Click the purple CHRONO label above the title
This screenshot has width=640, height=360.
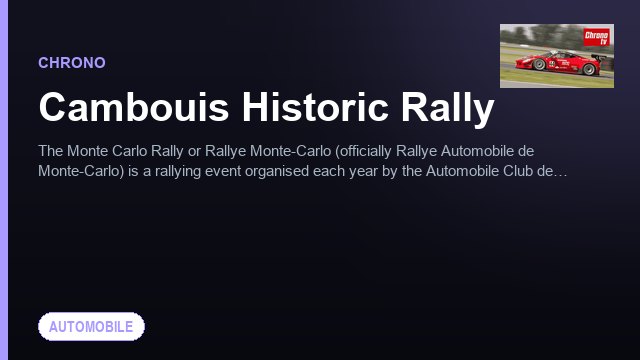click(72, 63)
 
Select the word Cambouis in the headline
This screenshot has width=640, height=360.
click(133, 107)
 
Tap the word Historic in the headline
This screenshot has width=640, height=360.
click(314, 107)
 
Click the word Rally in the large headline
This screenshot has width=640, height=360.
click(447, 109)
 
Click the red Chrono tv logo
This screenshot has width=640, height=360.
click(596, 37)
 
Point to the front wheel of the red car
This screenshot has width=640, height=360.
click(539, 64)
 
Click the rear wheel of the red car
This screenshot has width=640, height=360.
click(589, 69)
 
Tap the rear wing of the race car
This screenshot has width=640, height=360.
click(599, 58)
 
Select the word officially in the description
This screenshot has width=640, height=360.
click(364, 151)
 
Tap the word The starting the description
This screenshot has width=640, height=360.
click(51, 151)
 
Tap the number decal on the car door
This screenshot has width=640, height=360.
click(552, 64)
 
